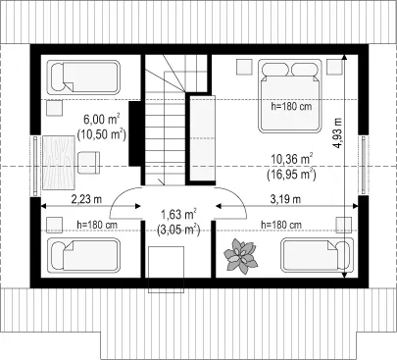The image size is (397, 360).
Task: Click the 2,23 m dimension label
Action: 86,199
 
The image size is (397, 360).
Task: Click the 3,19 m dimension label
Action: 285,199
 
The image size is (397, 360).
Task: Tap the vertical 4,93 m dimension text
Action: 337,132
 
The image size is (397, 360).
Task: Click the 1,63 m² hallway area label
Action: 178,215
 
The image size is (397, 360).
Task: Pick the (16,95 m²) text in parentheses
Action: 291,175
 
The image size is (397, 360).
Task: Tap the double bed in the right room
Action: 290,96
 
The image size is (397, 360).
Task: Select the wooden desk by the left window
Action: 59,163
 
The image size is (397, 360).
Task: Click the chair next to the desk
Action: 88,162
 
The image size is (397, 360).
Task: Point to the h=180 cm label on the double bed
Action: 291,106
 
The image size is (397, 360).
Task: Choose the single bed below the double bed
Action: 317,255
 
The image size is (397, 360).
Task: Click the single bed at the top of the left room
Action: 83,77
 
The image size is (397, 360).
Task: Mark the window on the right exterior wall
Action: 363,165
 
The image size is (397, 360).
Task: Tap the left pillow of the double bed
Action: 276,70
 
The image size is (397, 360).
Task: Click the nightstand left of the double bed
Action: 244,67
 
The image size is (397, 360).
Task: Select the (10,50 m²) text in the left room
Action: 102,134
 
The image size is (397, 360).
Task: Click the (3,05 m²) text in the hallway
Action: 178,230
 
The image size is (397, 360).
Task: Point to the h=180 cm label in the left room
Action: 97,225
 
